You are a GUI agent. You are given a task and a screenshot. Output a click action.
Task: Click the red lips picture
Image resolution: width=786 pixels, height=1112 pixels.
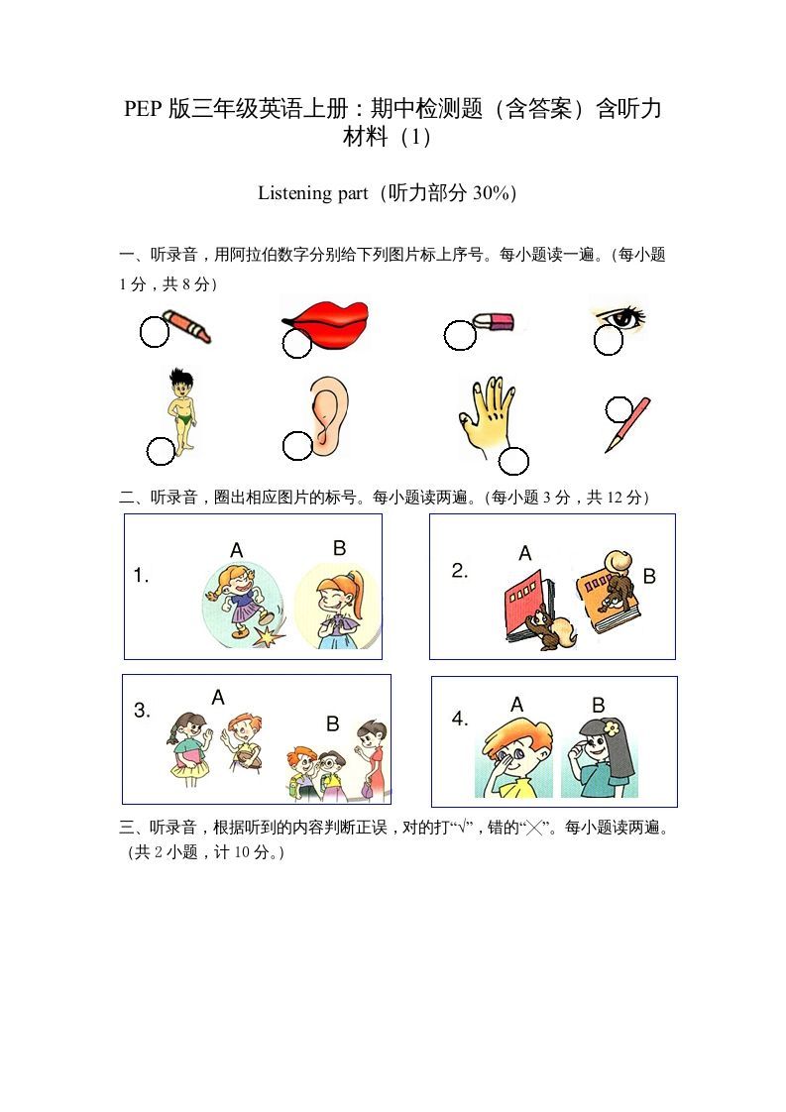(x=327, y=323)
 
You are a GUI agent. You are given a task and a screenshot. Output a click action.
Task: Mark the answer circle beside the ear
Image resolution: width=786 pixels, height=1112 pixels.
(x=296, y=446)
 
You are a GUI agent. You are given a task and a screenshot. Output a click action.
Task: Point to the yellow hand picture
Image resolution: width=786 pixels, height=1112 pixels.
(x=486, y=416)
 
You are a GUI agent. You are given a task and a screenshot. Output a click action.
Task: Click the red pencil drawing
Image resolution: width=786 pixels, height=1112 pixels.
(x=628, y=426)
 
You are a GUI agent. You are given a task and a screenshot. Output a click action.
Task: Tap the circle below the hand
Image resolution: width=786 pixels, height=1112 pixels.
(x=513, y=461)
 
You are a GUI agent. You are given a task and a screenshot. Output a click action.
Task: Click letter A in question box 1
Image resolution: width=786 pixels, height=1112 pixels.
(x=236, y=550)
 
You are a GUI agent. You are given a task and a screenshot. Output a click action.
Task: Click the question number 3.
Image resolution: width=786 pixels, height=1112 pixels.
(x=142, y=711)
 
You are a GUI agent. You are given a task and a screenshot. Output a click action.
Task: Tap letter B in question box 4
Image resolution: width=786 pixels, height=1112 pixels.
(x=599, y=706)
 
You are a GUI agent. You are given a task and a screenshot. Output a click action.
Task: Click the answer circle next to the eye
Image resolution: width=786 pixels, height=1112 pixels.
(x=608, y=341)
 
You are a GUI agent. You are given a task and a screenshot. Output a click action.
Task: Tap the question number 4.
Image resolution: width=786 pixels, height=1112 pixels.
(x=460, y=720)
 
